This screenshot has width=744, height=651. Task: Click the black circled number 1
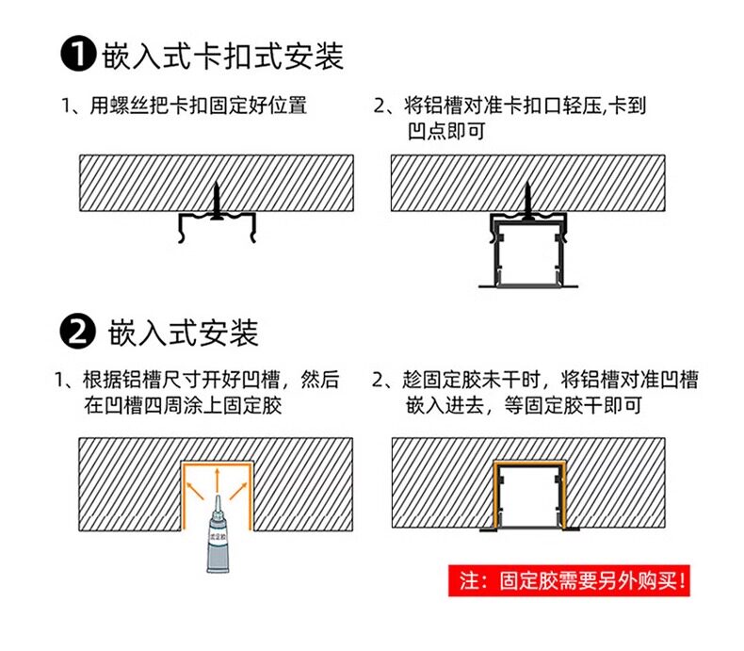coord(78,55)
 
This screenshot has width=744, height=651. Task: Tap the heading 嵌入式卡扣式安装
coord(222,56)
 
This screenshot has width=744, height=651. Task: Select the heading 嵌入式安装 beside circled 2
coord(183,333)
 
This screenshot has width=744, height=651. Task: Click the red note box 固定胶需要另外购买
coord(569,580)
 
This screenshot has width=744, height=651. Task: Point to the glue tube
coord(218,535)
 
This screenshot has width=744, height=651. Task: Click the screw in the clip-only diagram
coord(217,201)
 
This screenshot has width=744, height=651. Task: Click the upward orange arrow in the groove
coord(218,480)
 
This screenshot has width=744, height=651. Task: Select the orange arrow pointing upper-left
coord(195,490)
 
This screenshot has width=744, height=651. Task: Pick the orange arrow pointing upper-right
coord(238,490)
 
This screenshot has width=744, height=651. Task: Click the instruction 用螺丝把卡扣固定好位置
coord(199,106)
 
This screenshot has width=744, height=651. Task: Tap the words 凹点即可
coord(446,131)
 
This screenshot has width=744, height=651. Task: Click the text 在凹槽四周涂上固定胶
coord(183,405)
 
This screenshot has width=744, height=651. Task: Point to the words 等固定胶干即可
coord(574,405)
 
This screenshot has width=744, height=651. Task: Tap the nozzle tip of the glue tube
coord(218,496)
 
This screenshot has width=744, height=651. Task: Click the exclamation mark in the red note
coord(682,580)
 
